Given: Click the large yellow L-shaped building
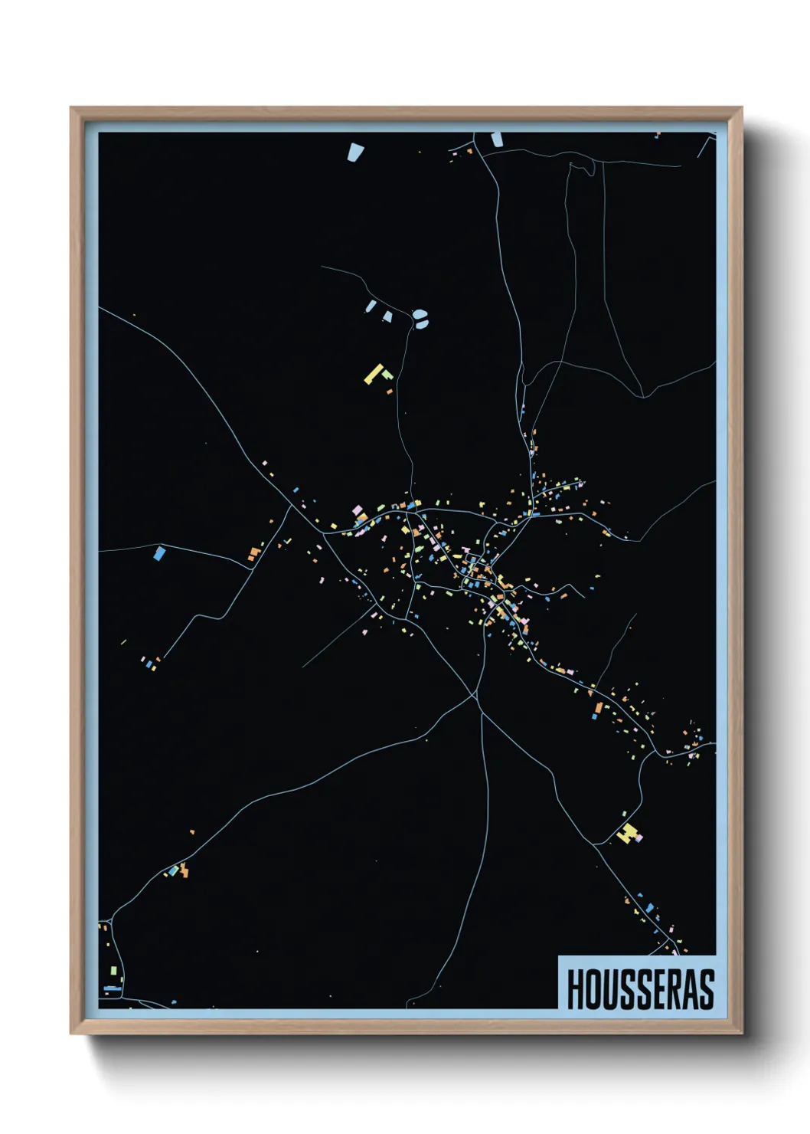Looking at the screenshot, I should [374, 373].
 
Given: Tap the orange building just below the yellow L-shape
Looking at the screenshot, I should [390, 391].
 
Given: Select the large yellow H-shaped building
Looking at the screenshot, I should [627, 834].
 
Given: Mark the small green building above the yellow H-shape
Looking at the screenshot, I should [624, 814].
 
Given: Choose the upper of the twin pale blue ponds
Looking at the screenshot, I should [420, 313].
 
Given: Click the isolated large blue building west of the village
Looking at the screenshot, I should [159, 552].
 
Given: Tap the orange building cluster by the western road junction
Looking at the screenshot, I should [254, 553].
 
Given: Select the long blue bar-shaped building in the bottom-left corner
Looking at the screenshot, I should [112, 988].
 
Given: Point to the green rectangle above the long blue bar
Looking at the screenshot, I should [113, 971].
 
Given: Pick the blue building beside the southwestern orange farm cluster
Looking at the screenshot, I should [173, 871].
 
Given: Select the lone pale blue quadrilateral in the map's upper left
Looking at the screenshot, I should [354, 152].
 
